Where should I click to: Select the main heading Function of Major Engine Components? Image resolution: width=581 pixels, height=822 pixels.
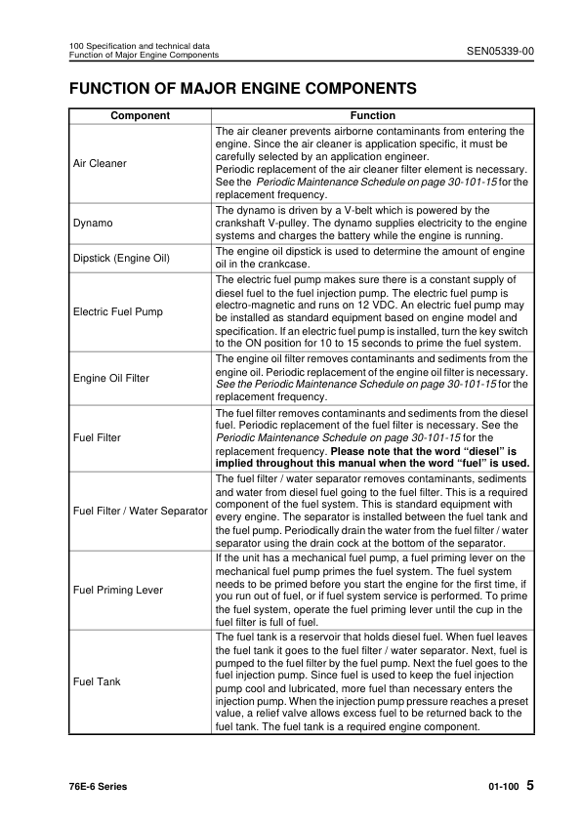coord(243,89)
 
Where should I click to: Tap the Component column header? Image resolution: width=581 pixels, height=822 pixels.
coord(140,115)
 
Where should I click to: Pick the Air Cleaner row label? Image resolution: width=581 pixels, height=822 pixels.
coord(100,163)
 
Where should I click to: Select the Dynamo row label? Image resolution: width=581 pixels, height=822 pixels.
coord(93,224)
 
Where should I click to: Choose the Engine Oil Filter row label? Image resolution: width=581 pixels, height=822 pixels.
coord(111,378)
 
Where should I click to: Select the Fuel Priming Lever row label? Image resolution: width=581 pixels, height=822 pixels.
coord(118,591)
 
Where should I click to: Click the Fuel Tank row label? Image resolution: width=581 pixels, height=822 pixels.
coord(97,681)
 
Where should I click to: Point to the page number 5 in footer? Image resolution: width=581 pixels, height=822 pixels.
coord(528,785)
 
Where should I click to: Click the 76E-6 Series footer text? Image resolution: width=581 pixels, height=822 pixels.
coord(98,787)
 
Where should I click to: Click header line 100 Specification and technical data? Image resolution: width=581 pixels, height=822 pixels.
coord(138,46)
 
